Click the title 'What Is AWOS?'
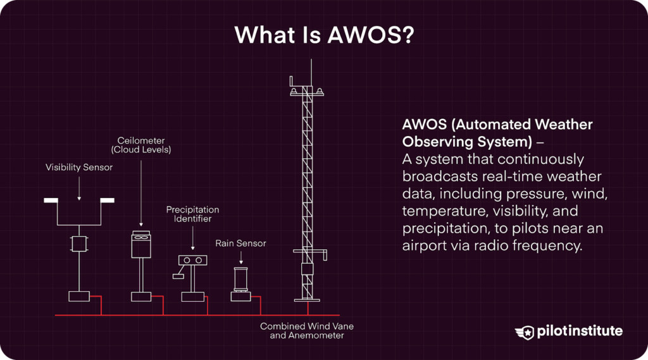(324, 35)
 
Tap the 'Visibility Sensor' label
(79, 168)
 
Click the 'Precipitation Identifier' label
(192, 214)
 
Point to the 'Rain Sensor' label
(240, 243)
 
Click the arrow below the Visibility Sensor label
(79, 188)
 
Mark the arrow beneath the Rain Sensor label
(240, 258)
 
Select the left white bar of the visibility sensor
(51, 201)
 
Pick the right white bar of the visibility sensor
(108, 201)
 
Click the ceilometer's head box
(140, 244)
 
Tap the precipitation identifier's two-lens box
(193, 260)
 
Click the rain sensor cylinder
(240, 278)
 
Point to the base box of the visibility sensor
(79, 296)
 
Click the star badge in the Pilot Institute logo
(526, 332)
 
